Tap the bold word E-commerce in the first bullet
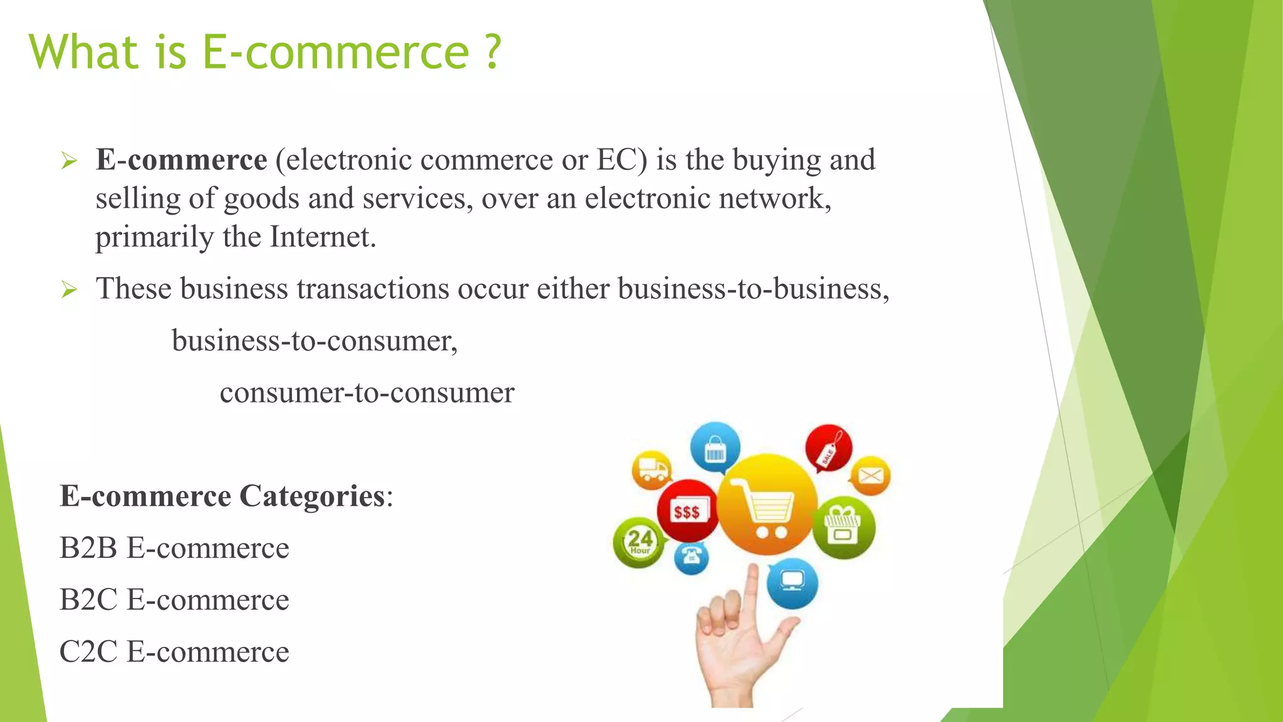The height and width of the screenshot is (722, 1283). [x=181, y=160]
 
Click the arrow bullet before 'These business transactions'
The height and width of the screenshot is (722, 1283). [x=69, y=290]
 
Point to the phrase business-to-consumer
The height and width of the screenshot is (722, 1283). [x=314, y=341]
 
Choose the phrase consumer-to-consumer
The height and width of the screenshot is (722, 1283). [x=367, y=393]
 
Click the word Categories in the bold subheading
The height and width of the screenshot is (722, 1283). [x=311, y=496]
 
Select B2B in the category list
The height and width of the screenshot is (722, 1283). [x=88, y=548]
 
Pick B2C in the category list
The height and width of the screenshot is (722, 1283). [x=88, y=600]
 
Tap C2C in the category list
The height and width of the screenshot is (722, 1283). [x=88, y=652]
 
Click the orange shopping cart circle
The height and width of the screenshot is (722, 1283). [x=767, y=505]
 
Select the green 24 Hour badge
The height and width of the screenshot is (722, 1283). [x=639, y=542]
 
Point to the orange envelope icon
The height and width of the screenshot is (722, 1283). [x=870, y=476]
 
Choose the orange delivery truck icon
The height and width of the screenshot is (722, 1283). [x=652, y=470]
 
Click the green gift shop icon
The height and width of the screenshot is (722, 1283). [x=843, y=527]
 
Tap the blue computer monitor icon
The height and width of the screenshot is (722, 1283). [x=792, y=583]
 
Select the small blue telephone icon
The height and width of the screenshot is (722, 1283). [x=692, y=557]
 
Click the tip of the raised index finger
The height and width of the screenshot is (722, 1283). [x=752, y=569]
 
